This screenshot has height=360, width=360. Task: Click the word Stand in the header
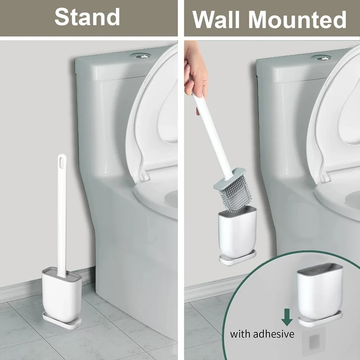[87, 17]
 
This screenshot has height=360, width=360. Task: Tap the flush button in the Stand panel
[140, 56]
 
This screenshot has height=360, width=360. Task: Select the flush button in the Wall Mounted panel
[321, 57]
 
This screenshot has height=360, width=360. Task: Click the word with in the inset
[240, 333]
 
